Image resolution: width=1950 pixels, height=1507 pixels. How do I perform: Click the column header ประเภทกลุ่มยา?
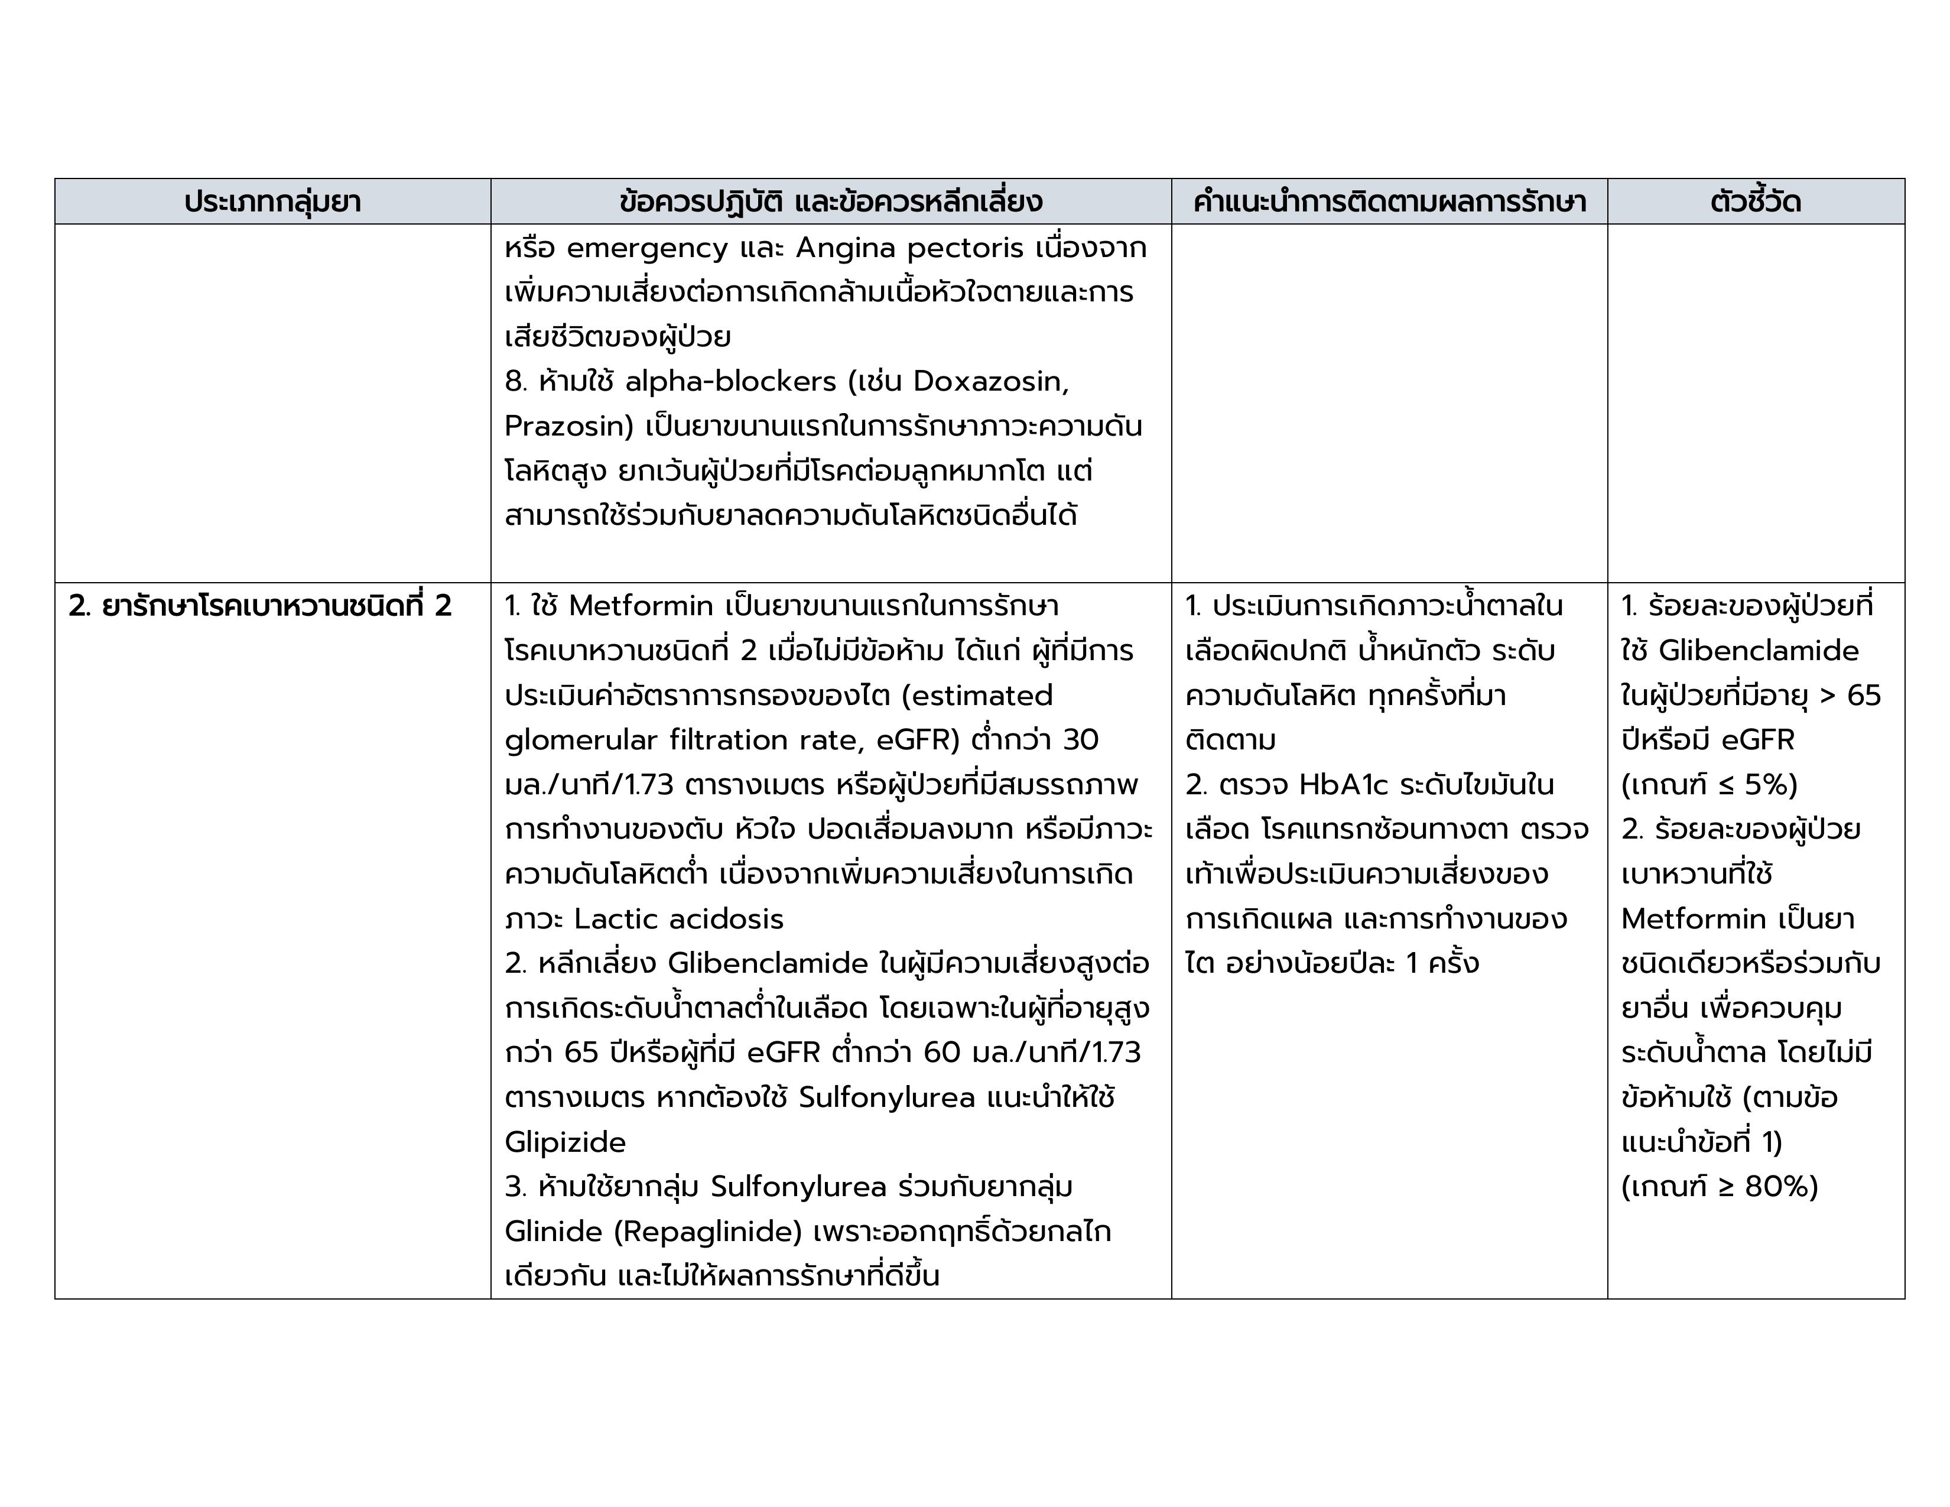pyautogui.click(x=272, y=202)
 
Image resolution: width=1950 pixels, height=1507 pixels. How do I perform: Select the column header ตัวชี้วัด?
pyautogui.click(x=1756, y=202)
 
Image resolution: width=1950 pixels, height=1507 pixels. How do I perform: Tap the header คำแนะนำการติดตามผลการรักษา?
pyautogui.click(x=1389, y=202)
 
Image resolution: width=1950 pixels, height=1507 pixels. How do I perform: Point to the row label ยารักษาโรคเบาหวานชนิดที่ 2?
pyautogui.click(x=260, y=607)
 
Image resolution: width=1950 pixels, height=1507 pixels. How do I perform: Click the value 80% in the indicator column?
pyautogui.click(x=1779, y=1187)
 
